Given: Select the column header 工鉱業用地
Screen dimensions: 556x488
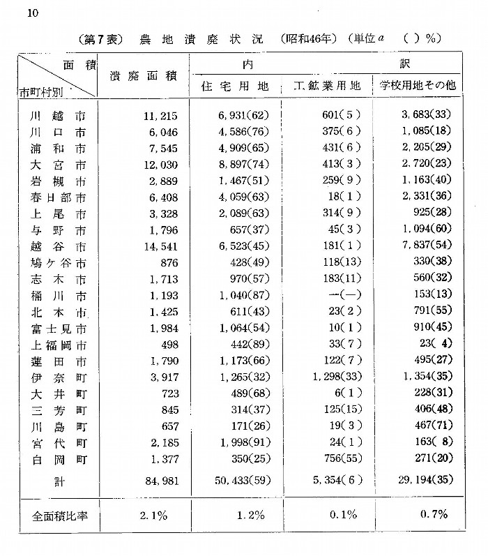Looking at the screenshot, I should (326, 87).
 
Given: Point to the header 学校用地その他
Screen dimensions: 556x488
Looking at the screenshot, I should (417, 87).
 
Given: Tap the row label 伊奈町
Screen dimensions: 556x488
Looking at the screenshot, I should (53, 377).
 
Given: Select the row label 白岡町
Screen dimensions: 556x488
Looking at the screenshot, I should (53, 459).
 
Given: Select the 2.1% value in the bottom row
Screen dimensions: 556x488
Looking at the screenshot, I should (153, 516).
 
